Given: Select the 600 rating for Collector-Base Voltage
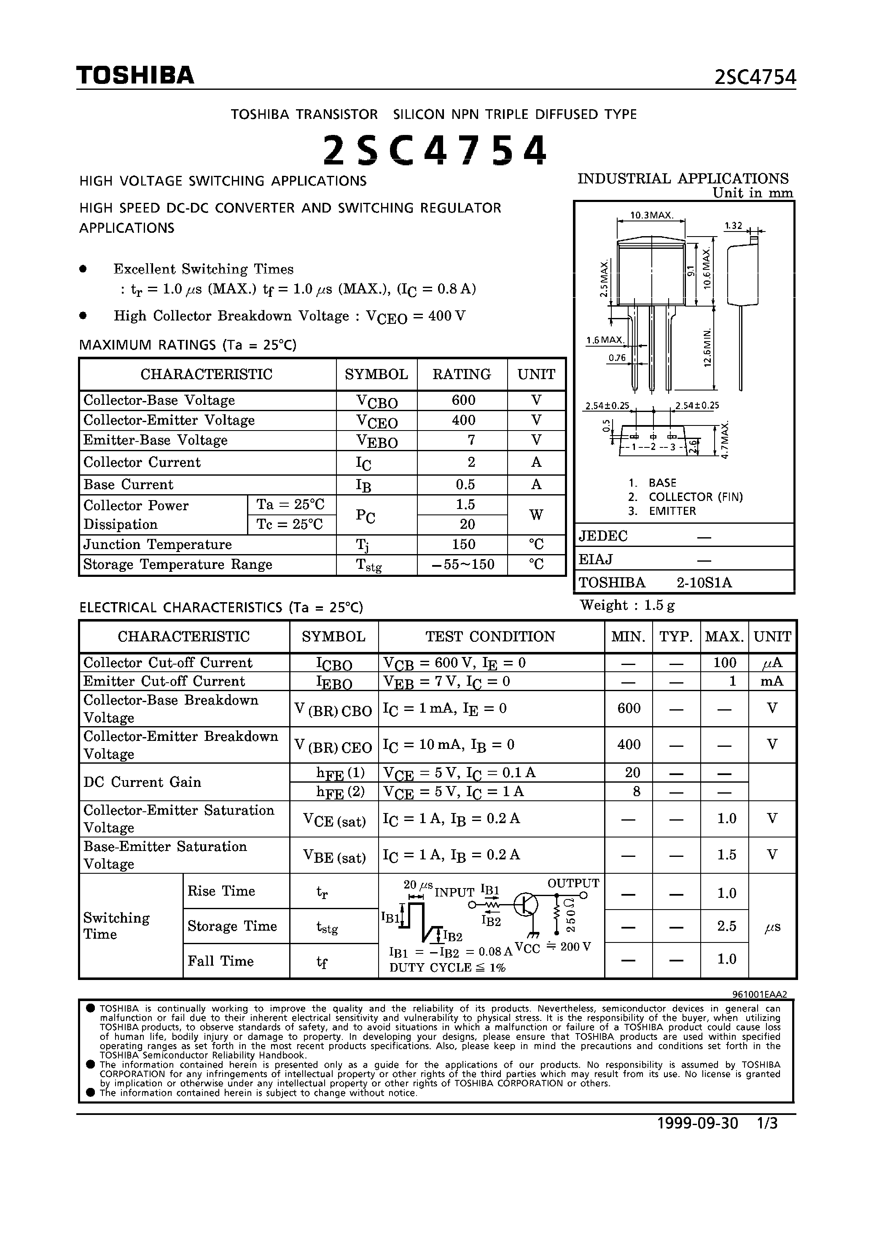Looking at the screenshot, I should click(463, 400).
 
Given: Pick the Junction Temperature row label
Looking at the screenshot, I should click(157, 544).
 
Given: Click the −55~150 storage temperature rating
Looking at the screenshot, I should click(462, 564).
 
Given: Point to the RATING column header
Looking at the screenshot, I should click(462, 374).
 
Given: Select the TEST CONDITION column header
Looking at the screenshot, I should click(490, 636).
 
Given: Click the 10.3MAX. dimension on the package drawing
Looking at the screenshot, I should click(651, 215).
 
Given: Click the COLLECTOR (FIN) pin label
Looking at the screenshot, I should click(695, 497).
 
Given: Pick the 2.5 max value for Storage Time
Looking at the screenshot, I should click(726, 926).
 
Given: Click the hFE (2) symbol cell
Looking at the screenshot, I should click(333, 791).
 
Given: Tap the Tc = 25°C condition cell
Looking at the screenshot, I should click(290, 525).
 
